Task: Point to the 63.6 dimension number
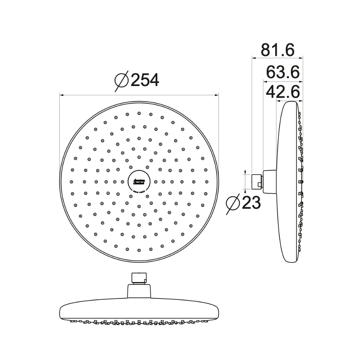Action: coord(283,72)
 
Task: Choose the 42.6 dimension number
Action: coord(283,92)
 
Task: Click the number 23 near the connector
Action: coord(251,203)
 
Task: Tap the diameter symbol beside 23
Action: coord(233,204)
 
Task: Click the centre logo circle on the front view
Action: coord(139,181)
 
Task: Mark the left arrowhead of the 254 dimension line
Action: coord(61,95)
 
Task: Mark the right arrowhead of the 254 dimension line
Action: coord(217,95)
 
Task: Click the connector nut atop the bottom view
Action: coord(139,278)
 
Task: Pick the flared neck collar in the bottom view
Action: coord(139,290)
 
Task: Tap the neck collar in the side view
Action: coord(270,181)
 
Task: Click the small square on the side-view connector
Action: coord(259,185)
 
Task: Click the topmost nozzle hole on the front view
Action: coord(139,113)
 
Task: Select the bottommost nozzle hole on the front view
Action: coord(139,249)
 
